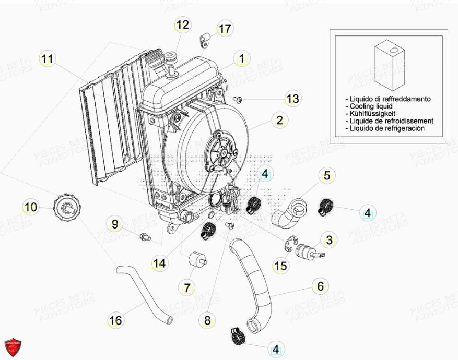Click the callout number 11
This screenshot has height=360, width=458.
[x=48, y=59]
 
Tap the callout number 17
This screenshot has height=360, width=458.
[x=224, y=29]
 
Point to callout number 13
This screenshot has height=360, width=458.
[x=292, y=99]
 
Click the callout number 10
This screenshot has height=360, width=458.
[x=31, y=207]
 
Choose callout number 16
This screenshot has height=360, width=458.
[x=116, y=320]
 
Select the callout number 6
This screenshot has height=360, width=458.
[x=320, y=286]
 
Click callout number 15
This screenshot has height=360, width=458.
[x=280, y=266]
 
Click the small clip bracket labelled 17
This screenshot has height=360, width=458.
[x=205, y=39]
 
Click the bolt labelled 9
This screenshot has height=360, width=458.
[x=144, y=237]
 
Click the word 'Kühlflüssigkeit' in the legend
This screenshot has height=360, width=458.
[x=372, y=113]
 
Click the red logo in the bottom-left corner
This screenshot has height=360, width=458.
[x=14, y=346]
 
